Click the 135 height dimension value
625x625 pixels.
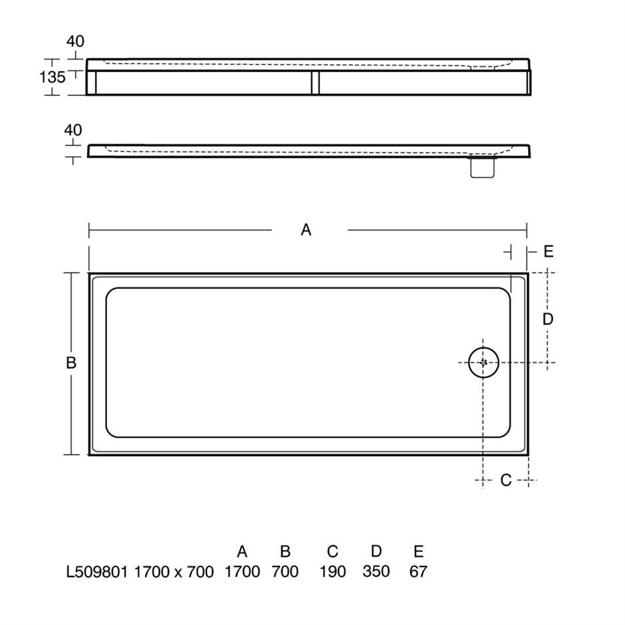point(53,77)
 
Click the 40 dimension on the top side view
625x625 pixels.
point(75,41)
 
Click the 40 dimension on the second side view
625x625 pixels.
point(73,130)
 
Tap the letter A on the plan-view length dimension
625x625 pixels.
point(306,230)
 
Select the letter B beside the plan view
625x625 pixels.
point(71,363)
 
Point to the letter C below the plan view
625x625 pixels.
point(506,480)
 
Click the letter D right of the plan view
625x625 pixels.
point(548,319)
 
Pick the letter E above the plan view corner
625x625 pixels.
point(549,251)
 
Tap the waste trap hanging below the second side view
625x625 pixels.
point(483,168)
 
